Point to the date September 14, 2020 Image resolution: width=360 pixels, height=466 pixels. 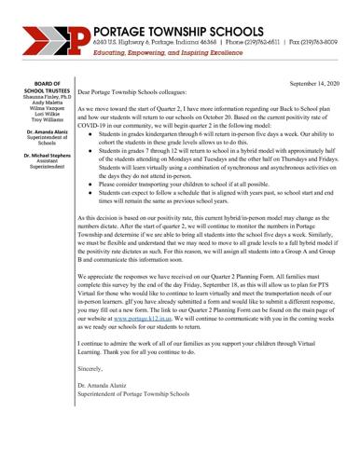317,84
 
